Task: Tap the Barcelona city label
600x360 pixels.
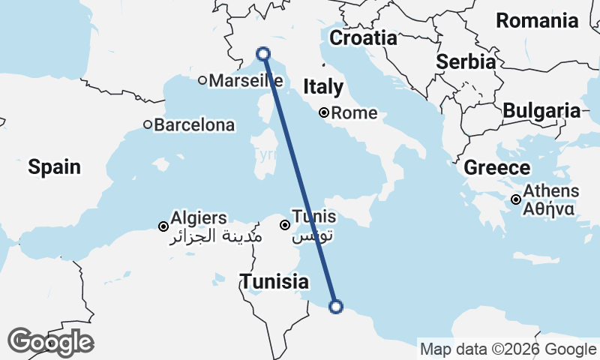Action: point(194,125)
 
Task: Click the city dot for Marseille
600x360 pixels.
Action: point(202,80)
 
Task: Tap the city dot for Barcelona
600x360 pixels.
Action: point(148,125)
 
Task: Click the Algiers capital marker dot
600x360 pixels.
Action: point(163,226)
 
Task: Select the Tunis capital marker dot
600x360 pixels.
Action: point(285,225)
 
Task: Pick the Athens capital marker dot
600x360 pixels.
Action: point(516,199)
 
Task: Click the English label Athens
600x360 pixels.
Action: point(551,191)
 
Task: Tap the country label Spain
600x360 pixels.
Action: point(54,166)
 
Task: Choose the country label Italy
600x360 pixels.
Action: point(323,88)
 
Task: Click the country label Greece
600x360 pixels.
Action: point(497,168)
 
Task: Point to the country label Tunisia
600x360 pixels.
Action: point(274,282)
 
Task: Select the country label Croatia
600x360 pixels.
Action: point(364,37)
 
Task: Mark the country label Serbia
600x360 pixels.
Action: point(466,61)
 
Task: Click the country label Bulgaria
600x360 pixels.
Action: point(541,111)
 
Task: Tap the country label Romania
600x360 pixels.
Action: point(548,20)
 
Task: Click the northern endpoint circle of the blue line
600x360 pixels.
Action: point(263,53)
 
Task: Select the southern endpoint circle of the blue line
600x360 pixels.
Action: point(336,306)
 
